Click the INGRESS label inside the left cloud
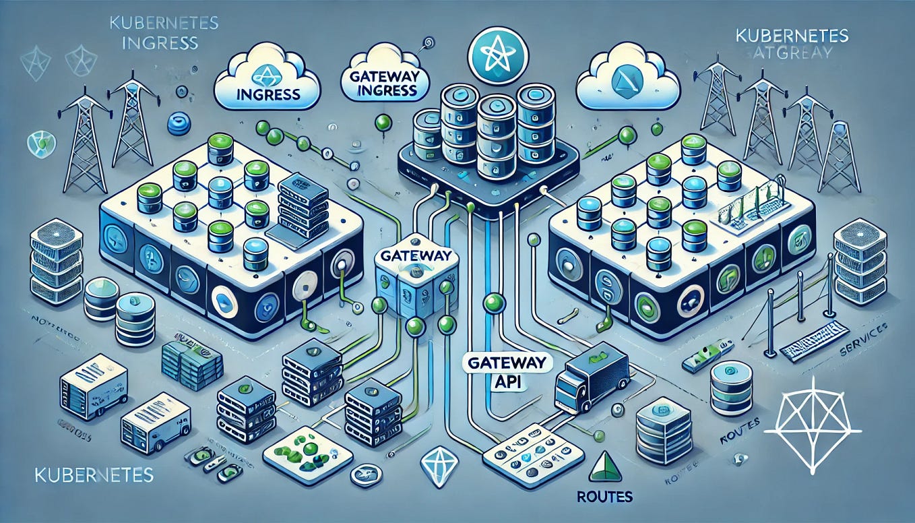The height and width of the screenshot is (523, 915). click(269, 92)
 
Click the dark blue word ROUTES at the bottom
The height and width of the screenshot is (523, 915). click(604, 497)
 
